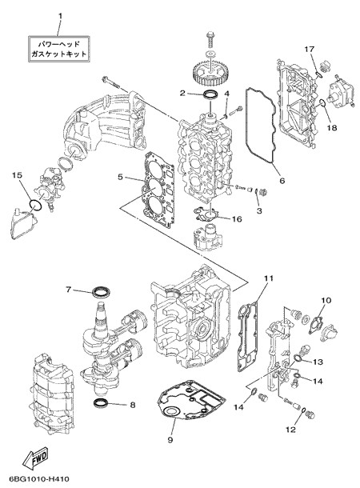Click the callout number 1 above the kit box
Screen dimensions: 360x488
pos(60,15)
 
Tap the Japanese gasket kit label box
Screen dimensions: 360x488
pos(59,49)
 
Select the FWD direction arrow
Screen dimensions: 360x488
pos(35,458)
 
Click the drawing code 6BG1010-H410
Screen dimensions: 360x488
pos(39,478)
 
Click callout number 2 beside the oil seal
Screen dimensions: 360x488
pos(182,93)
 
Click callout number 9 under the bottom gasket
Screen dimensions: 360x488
pos(170,440)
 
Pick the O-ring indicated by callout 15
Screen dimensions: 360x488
pos(35,206)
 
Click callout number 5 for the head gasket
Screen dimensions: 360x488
pos(120,177)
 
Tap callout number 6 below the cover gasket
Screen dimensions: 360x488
pos(282,181)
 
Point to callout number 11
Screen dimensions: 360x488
pos(269,278)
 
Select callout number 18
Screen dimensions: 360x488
pos(332,128)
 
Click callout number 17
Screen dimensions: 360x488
pos(310,49)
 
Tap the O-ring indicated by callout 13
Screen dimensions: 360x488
pos(297,358)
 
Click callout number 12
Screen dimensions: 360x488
pos(290,430)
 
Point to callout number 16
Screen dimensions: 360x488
pos(237,219)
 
